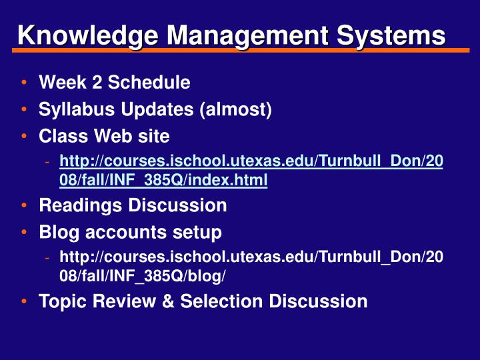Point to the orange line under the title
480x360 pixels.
coord(240,50)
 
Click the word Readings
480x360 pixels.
coord(81,205)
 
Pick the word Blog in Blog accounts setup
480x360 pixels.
coord(57,233)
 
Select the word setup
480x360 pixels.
coord(195,233)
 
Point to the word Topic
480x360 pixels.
coord(61,301)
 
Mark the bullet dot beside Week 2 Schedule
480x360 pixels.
coord(24,83)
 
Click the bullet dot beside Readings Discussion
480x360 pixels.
coord(24,206)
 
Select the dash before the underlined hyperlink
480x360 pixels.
coord(47,162)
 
